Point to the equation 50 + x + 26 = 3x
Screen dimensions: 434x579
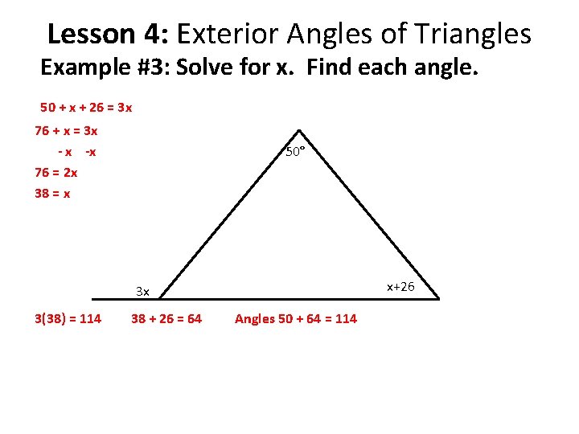86,107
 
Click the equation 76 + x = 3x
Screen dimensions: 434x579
66,130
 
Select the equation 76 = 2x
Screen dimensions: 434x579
56,171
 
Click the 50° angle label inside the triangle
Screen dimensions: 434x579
295,151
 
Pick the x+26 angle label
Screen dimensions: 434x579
400,286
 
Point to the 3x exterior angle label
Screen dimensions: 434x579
142,290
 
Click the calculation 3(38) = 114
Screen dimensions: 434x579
68,319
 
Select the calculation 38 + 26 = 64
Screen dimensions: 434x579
166,319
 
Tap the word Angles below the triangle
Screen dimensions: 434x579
254,319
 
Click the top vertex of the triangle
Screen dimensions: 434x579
298,130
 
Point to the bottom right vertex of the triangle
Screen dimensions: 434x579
438,298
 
